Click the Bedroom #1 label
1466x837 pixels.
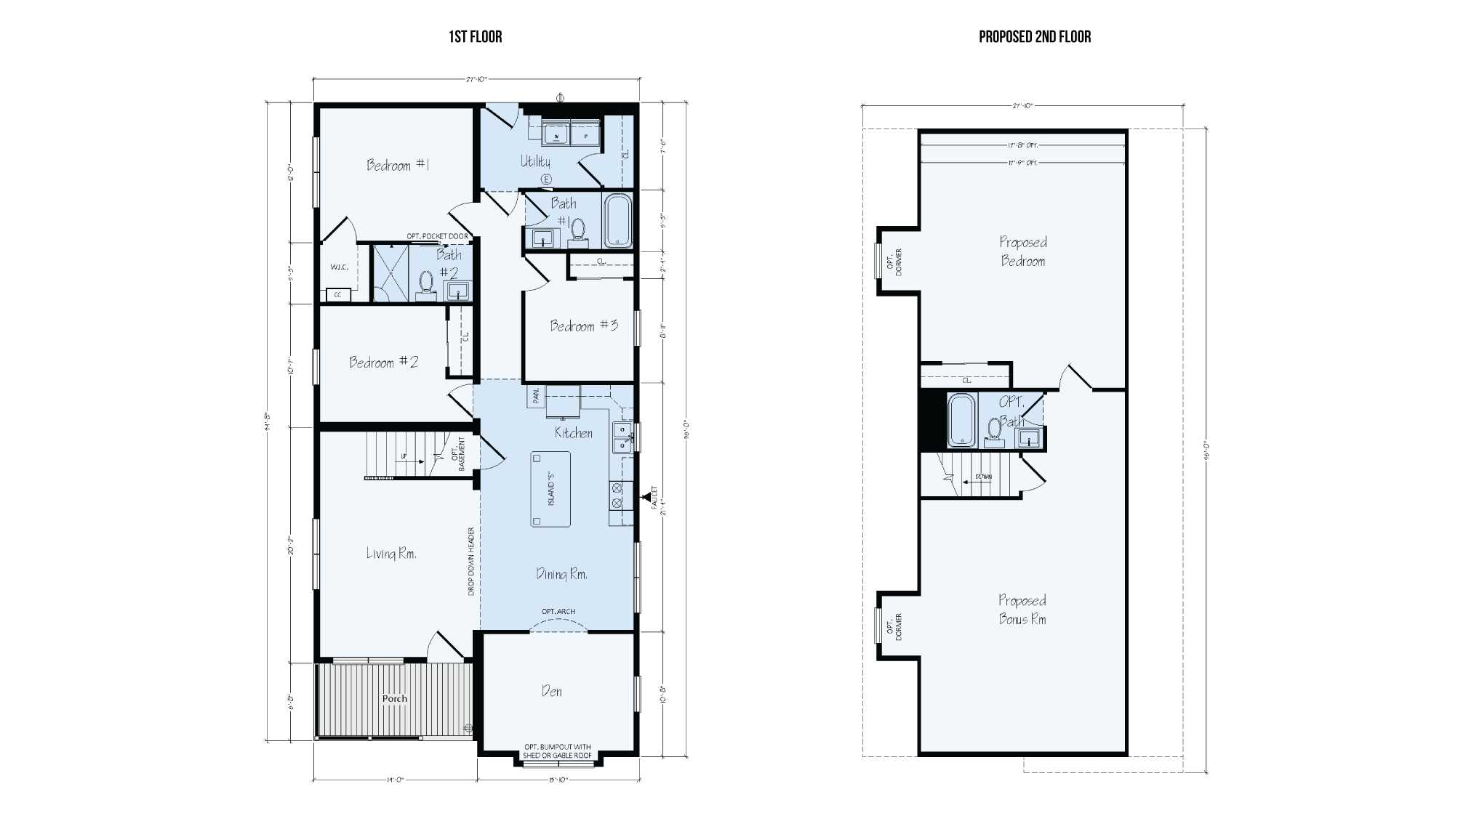[398, 166]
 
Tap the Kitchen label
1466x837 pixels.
[574, 433]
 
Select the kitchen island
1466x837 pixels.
[550, 489]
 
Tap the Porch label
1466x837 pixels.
[395, 699]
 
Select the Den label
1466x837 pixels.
[552, 691]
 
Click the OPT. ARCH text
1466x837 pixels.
[558, 611]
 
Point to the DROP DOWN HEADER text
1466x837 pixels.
[471, 562]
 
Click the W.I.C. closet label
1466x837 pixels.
[339, 267]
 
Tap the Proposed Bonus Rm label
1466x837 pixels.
[1022, 610]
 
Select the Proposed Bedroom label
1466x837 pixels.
[1022, 251]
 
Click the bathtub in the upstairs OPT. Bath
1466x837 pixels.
[961, 420]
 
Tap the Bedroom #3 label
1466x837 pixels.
[584, 326]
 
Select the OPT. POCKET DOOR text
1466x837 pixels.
[437, 237]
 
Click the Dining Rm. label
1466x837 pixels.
[561, 575]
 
